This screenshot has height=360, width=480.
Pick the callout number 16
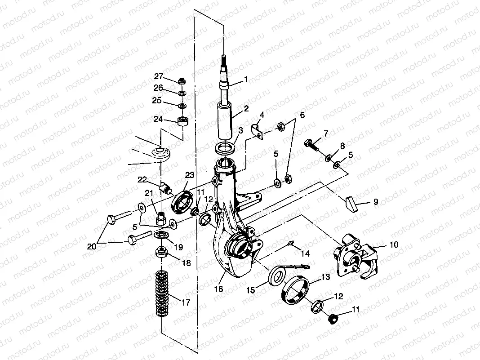click(218, 289)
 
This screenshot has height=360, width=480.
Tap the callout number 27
click(159, 76)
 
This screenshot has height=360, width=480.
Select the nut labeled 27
click(182, 82)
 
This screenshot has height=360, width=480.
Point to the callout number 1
click(246, 80)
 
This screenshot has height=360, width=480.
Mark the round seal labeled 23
click(182, 201)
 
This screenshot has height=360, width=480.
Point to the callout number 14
click(305, 254)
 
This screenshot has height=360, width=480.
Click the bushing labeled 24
click(182, 121)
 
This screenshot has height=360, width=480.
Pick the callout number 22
click(142, 180)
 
